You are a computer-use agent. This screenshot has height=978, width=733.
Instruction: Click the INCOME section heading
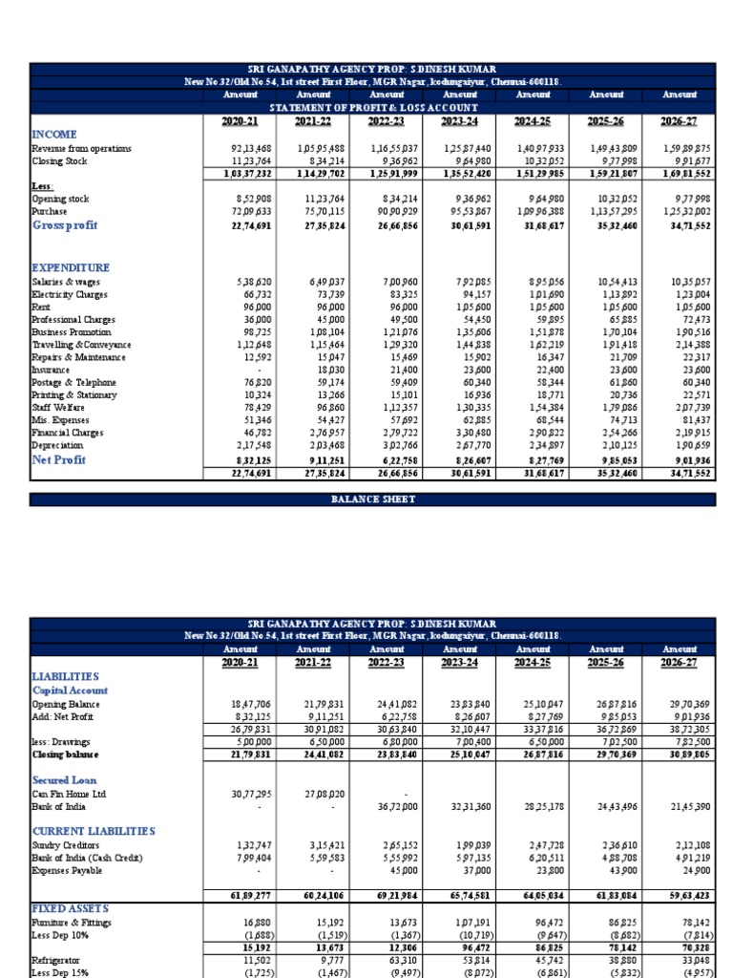coord(53,135)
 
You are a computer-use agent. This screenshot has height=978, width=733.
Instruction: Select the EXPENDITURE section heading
coord(71,268)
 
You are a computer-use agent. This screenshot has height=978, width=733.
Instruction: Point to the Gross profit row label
coord(65,224)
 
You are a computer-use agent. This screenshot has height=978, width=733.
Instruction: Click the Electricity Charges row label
coord(70,295)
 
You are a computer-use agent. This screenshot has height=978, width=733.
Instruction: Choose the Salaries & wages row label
coord(65,283)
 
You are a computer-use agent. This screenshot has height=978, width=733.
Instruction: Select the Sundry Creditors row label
coord(65,844)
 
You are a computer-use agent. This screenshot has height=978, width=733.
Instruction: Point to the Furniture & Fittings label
coord(72,923)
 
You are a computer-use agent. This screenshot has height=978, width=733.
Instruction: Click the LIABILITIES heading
coord(65,676)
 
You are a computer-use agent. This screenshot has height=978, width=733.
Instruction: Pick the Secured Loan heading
coord(65,779)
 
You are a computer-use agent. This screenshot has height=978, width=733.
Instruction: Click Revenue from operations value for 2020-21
coord(226,149)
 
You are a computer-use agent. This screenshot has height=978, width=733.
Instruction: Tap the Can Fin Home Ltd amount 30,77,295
coord(226,793)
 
